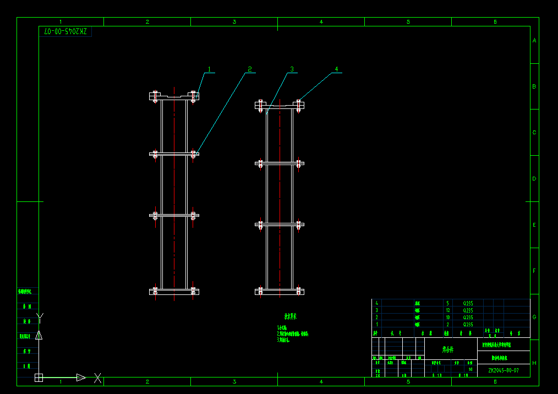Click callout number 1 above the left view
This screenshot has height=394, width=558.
(209, 69)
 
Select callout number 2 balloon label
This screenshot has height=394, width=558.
(249, 69)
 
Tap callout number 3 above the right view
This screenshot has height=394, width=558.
(292, 69)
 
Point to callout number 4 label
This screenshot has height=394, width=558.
(336, 69)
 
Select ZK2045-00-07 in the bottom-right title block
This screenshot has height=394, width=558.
(503, 370)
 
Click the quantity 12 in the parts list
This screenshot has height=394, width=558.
(447, 310)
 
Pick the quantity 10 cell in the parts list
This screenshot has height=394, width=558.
(447, 318)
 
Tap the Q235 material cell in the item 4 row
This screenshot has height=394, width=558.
(468, 303)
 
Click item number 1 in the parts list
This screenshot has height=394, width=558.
(376, 325)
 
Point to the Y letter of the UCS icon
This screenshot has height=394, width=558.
(39, 316)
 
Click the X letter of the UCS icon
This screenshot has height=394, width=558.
(97, 377)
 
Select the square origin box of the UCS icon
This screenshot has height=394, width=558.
(39, 377)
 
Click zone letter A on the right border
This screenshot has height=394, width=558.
(534, 41)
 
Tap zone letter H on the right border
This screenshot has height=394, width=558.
(534, 363)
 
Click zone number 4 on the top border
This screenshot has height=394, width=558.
(321, 22)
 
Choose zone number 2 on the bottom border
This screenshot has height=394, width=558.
(147, 381)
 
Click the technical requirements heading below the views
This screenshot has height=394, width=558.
(290, 317)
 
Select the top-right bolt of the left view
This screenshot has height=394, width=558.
(193, 96)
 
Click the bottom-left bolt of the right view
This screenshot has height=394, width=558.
(260, 291)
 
